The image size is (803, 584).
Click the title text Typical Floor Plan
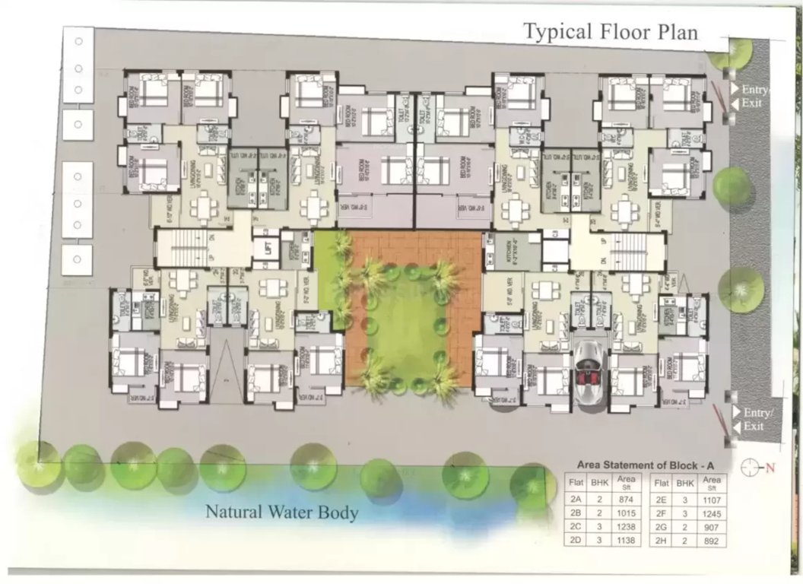(611, 32)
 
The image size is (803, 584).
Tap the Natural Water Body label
(282, 513)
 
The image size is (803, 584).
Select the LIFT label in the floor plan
(267, 249)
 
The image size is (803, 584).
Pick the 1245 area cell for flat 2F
(712, 513)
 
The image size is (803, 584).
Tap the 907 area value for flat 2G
(712, 526)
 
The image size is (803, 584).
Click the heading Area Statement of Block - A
(646, 463)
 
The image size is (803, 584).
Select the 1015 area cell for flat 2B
(626, 513)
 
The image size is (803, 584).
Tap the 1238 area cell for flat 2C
(626, 526)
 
